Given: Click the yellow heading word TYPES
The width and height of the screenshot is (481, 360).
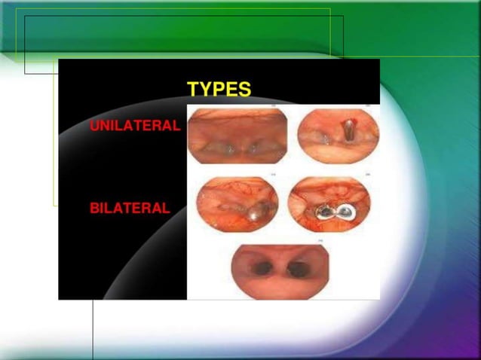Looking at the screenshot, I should [219, 90].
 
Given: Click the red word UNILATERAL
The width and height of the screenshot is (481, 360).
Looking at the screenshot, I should [135, 127].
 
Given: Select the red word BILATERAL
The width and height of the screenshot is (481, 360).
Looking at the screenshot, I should [130, 209].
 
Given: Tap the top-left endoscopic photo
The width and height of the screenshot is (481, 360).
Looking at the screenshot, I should [237, 136].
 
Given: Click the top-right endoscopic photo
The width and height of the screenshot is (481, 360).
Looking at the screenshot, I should [337, 135].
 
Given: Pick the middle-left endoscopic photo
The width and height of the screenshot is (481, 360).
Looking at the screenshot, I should [237, 206].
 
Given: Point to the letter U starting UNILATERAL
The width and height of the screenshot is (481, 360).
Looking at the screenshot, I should [94, 127].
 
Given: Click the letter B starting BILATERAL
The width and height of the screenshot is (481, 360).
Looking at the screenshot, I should [94, 209].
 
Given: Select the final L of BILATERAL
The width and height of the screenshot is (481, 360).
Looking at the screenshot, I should [166, 209].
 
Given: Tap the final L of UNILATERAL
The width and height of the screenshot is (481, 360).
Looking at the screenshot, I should [176, 127].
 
